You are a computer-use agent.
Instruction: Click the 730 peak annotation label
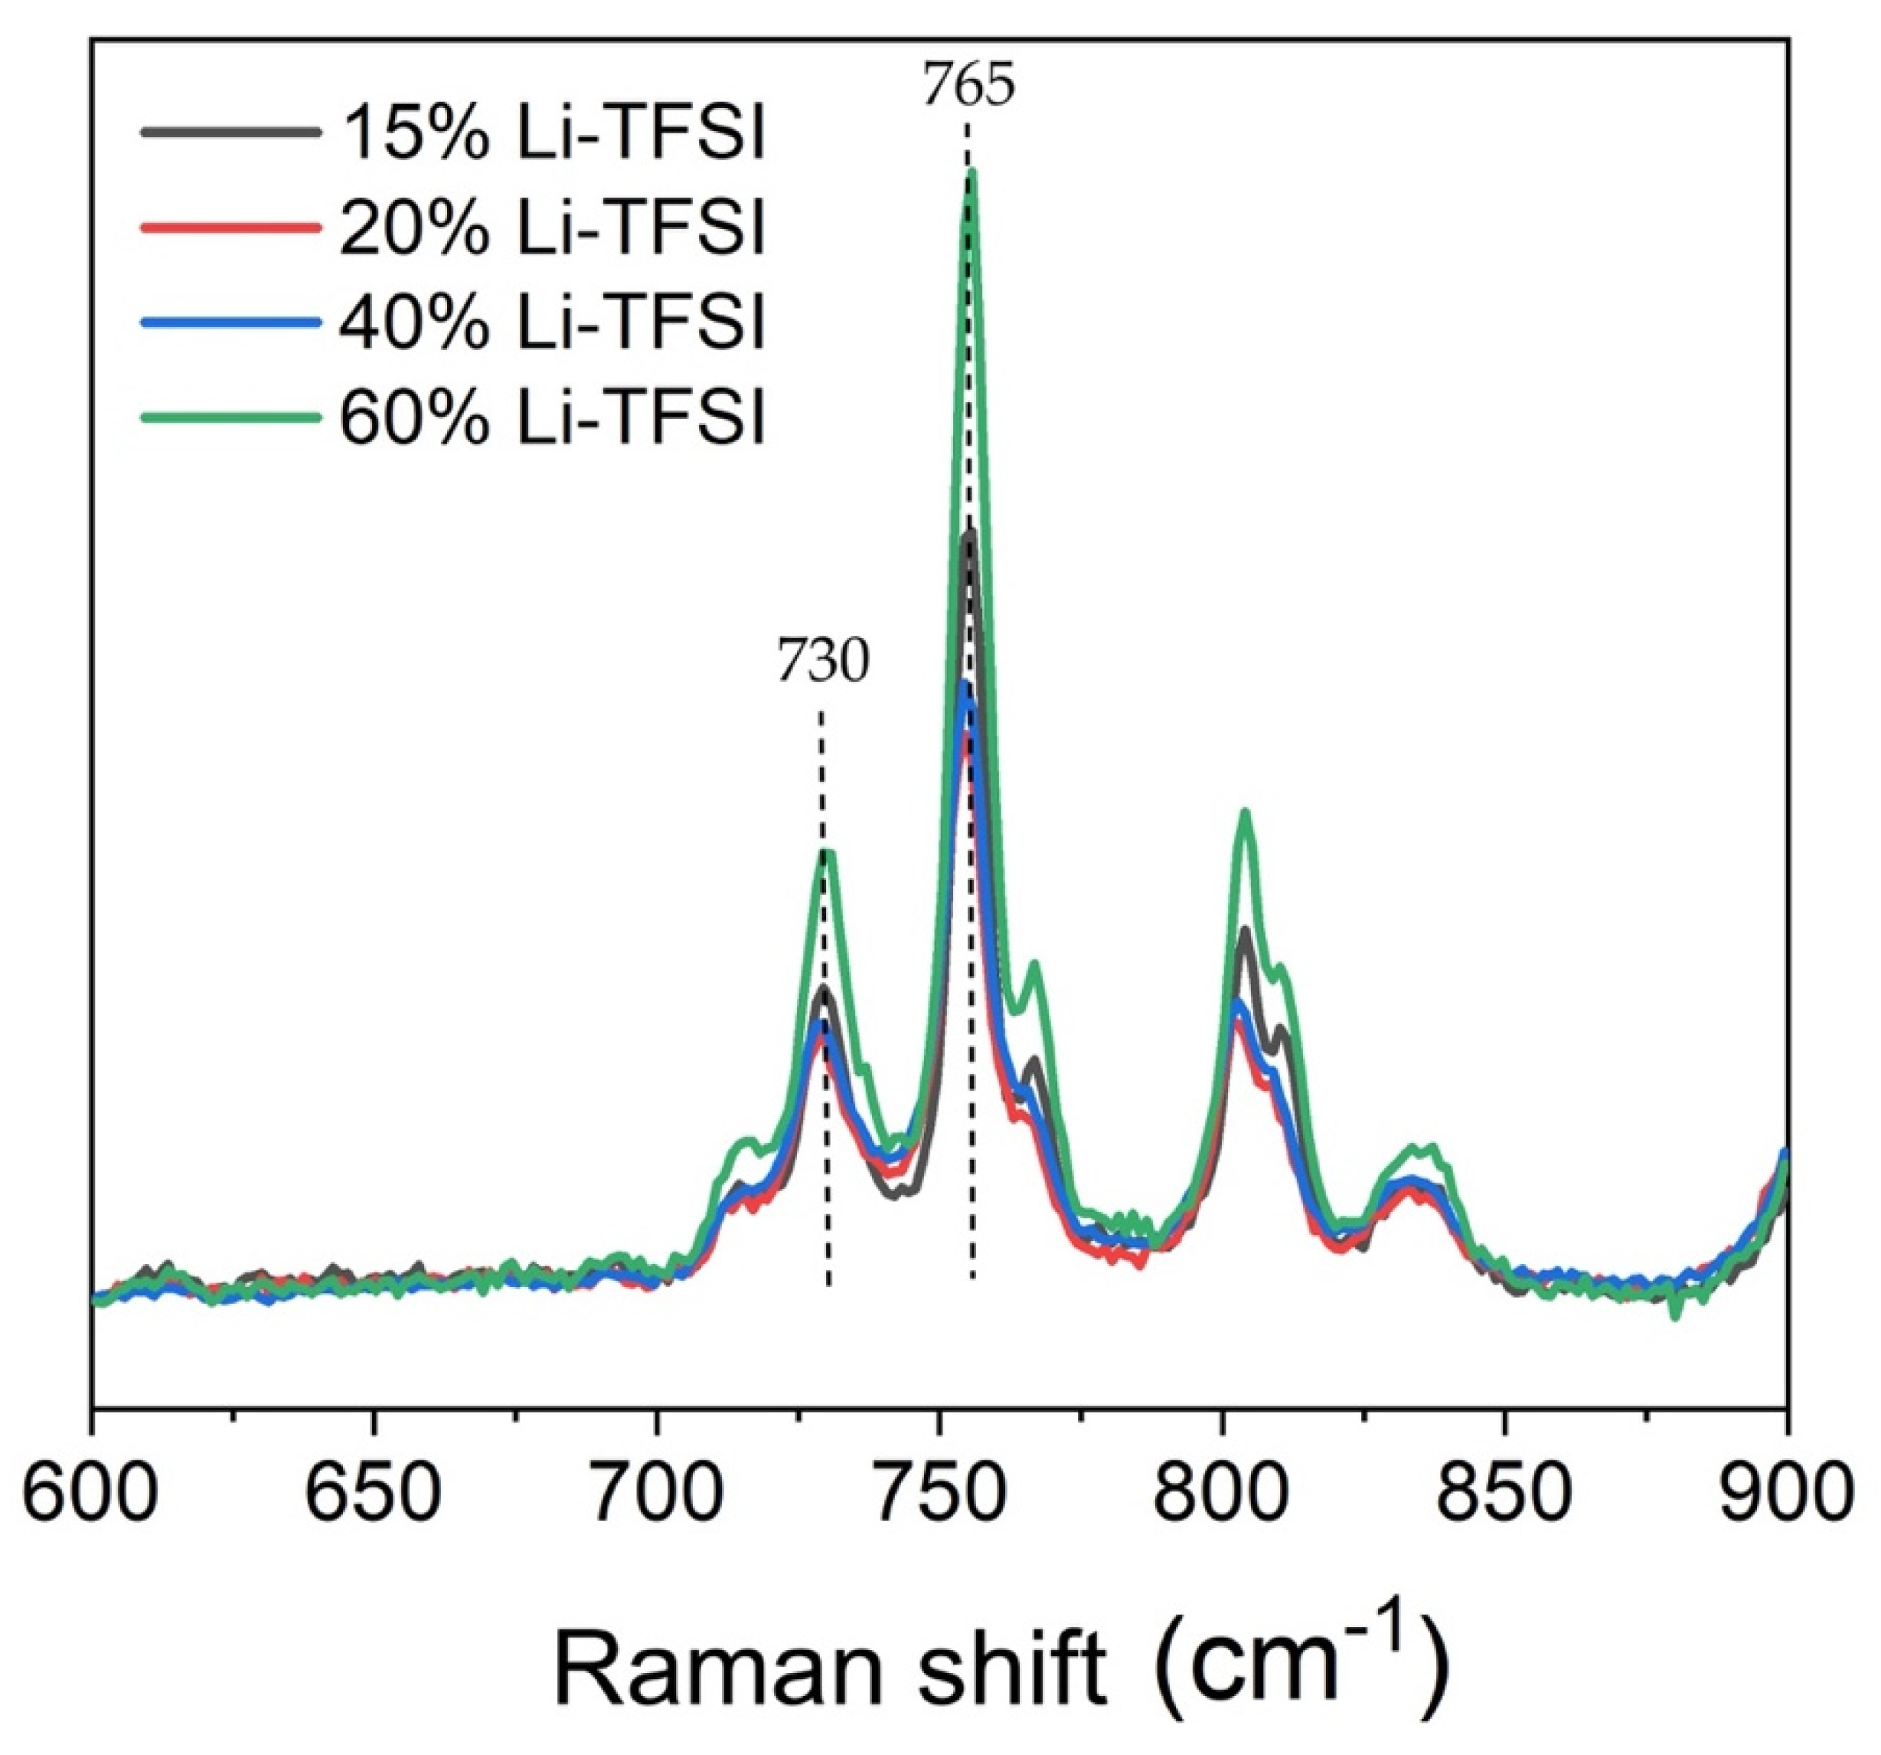[x=822, y=663]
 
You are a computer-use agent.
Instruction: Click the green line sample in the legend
[x=228, y=417]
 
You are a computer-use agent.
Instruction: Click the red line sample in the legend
[x=228, y=228]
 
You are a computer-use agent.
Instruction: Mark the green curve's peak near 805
[x=1245, y=812]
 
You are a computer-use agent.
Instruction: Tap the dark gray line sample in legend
[x=228, y=133]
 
